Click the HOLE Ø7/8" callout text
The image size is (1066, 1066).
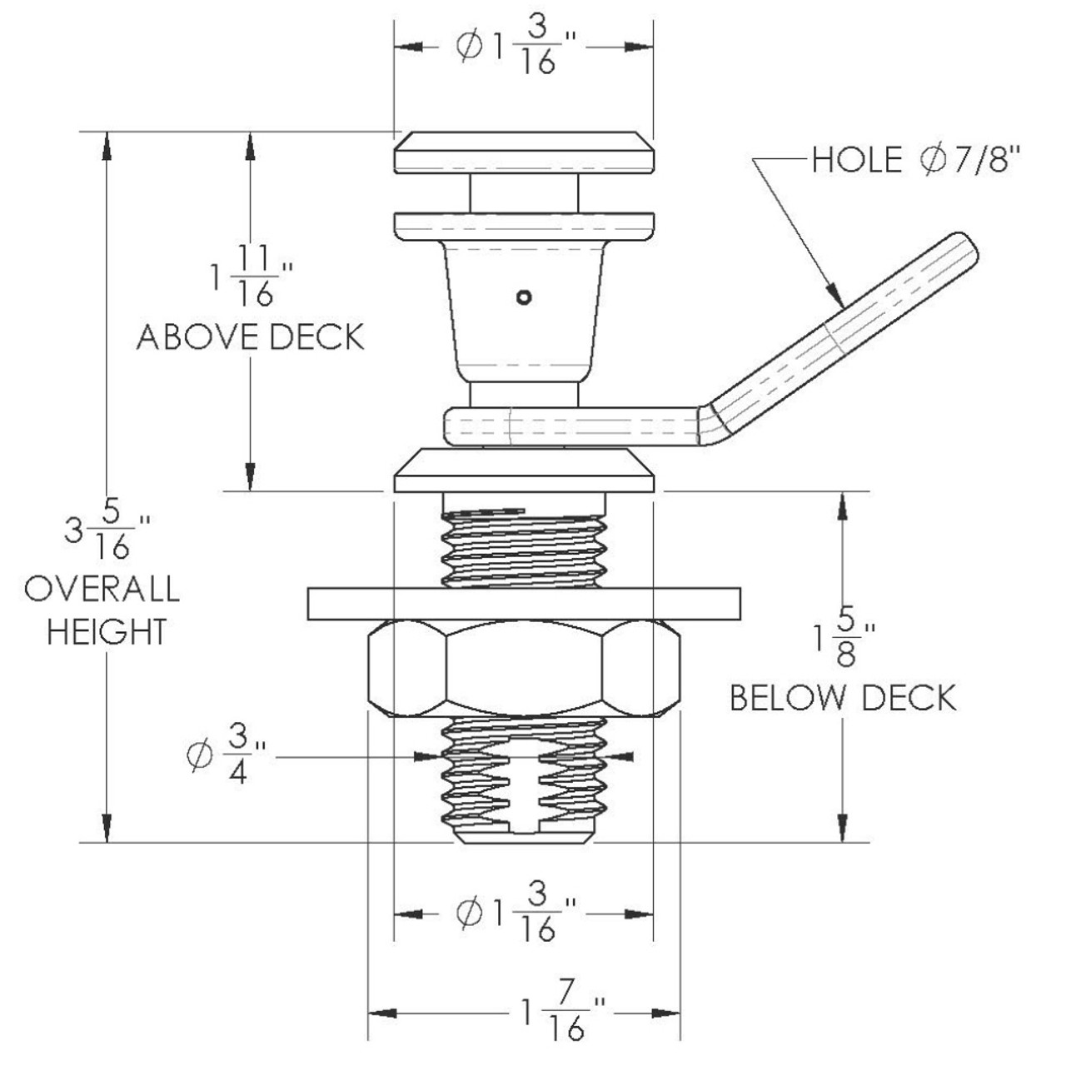(x=915, y=159)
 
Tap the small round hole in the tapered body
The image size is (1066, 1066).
(x=523, y=296)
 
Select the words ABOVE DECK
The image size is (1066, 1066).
(x=251, y=337)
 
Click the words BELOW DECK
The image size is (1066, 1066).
(x=843, y=697)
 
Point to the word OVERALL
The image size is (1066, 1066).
(x=102, y=589)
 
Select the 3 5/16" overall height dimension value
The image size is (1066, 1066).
(x=107, y=533)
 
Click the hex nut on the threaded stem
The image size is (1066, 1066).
(x=523, y=668)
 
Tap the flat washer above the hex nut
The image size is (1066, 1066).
(x=523, y=604)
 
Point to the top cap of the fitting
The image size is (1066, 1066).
(x=523, y=152)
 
